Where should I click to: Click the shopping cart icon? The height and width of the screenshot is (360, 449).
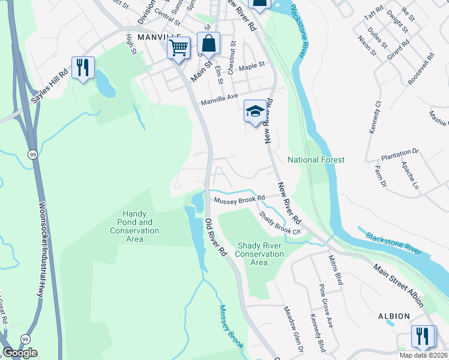coord(179,47)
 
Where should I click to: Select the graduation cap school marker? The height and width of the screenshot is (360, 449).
coord(255,112)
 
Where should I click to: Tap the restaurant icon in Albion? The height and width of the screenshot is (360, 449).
coord(423,336)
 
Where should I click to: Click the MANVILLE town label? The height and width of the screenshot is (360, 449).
coord(158,37)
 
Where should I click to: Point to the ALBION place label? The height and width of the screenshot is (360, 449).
coord(394,316)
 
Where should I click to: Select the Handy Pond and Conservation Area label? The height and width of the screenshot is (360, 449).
coord(134,226)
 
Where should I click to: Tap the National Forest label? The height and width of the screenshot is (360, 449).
coord(316,160)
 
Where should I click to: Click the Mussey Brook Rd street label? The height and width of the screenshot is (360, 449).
coord(240,198)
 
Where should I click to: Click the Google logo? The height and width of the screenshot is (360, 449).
coord(20,353)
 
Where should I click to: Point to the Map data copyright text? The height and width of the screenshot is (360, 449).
coord(423,355)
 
